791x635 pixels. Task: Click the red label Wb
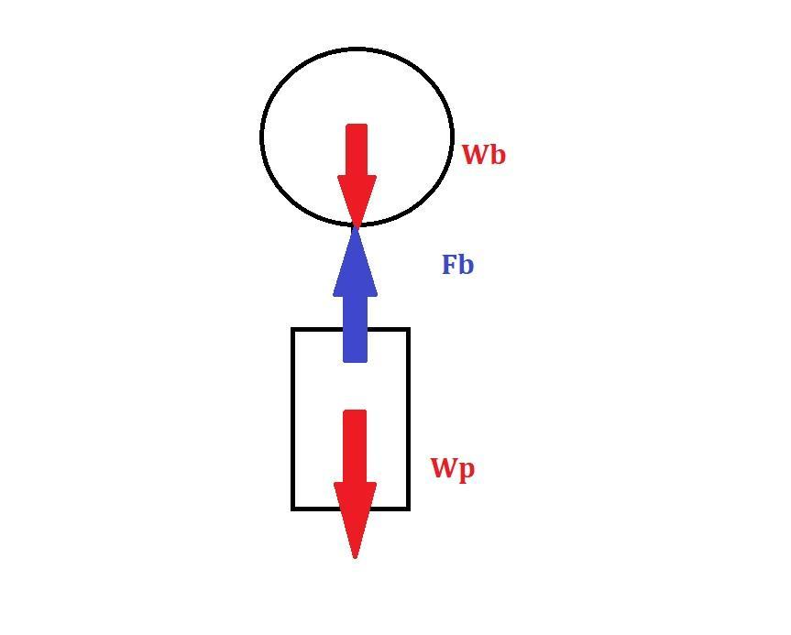click(x=483, y=155)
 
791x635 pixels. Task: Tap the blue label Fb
click(x=457, y=265)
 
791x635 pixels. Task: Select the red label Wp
click(x=453, y=469)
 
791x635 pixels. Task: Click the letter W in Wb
click(x=474, y=156)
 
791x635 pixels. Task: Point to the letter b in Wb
click(x=497, y=155)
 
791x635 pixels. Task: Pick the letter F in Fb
click(x=450, y=266)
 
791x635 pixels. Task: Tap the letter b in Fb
click(x=467, y=266)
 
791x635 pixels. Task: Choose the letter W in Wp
click(x=443, y=468)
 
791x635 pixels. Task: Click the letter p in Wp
click(x=467, y=471)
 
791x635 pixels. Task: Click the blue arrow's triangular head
click(x=355, y=266)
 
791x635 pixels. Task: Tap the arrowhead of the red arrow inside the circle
click(x=357, y=198)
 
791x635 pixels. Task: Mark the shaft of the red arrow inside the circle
click(x=357, y=150)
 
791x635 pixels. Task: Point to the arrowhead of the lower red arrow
click(x=355, y=518)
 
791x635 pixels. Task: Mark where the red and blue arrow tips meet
click(x=356, y=224)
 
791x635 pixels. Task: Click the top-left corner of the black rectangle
click(x=293, y=329)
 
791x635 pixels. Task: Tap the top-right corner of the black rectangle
click(x=408, y=329)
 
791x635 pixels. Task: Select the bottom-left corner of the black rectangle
click(x=293, y=508)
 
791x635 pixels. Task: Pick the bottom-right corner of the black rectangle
click(x=408, y=508)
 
